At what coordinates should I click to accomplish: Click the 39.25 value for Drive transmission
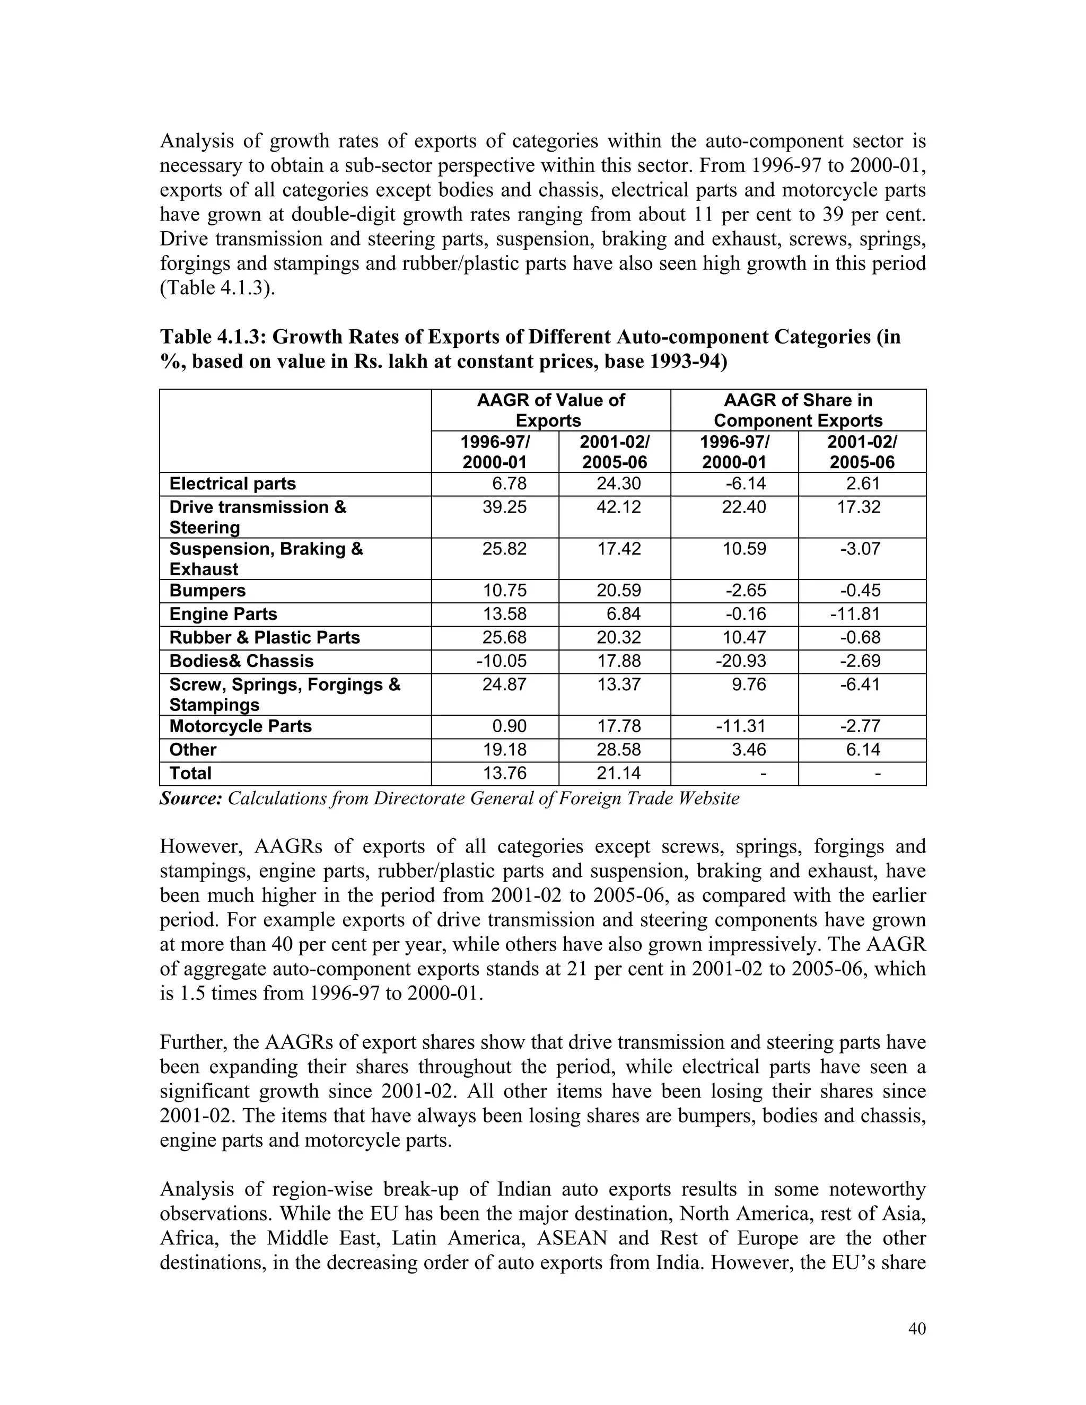point(504,507)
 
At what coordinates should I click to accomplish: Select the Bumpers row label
point(207,591)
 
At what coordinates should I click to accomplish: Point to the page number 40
point(917,1329)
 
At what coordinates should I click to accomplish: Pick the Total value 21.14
point(619,773)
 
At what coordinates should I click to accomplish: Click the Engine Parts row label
point(223,614)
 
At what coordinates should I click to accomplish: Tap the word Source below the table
point(190,799)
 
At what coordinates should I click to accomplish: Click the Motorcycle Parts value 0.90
point(513,726)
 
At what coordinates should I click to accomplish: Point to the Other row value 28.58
point(619,750)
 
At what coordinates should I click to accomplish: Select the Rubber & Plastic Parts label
point(265,637)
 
